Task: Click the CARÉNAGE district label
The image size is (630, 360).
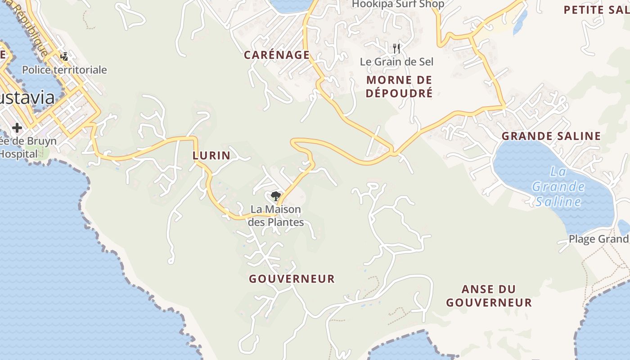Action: (276, 55)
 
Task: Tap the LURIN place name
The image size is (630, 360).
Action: (211, 156)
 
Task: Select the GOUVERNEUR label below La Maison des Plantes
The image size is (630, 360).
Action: (292, 279)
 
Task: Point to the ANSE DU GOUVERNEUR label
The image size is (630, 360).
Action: (489, 296)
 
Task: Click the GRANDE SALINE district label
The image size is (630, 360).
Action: (551, 136)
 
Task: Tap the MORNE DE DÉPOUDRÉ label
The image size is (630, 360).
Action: (399, 86)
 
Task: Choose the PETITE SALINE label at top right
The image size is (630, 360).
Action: (596, 10)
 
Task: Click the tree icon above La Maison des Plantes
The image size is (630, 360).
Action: (276, 196)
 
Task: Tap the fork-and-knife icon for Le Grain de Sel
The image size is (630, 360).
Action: (396, 48)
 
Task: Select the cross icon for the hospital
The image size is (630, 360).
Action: (17, 128)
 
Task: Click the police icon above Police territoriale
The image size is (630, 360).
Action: (64, 57)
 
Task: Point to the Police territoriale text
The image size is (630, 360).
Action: (64, 70)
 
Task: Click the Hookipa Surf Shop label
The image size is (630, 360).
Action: (398, 4)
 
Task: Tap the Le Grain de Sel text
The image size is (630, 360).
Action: (396, 62)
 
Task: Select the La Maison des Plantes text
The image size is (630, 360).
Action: (276, 216)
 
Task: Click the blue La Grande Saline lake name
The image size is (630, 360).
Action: (558, 186)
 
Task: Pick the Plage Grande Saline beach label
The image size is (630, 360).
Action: (598, 239)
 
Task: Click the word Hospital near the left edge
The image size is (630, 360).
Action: (19, 154)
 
